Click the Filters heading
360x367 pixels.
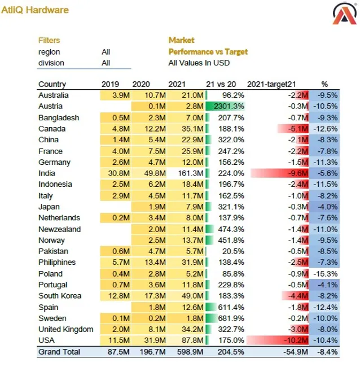(49, 40)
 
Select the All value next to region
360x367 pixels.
(106, 51)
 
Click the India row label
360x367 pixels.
(47, 173)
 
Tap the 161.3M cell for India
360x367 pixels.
(190, 173)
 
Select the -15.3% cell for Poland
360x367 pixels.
(327, 274)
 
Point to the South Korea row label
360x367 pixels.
(60, 296)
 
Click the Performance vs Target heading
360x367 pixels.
(208, 51)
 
